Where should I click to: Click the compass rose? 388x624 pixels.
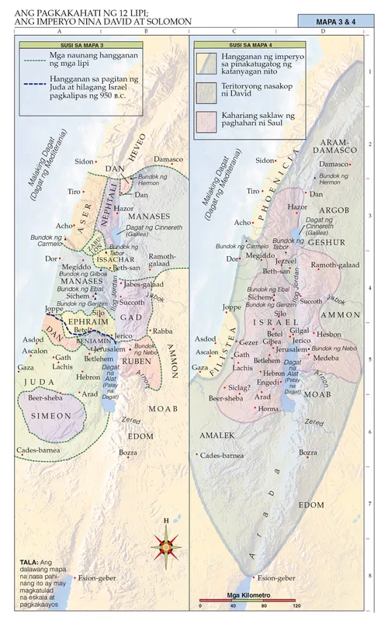coord(166,546)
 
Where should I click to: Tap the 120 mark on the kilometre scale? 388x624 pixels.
coord(296,605)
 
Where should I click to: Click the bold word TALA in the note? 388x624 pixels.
coord(29,560)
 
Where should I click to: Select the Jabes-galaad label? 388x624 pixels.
coord(143,284)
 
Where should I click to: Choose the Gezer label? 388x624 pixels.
coord(248,341)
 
